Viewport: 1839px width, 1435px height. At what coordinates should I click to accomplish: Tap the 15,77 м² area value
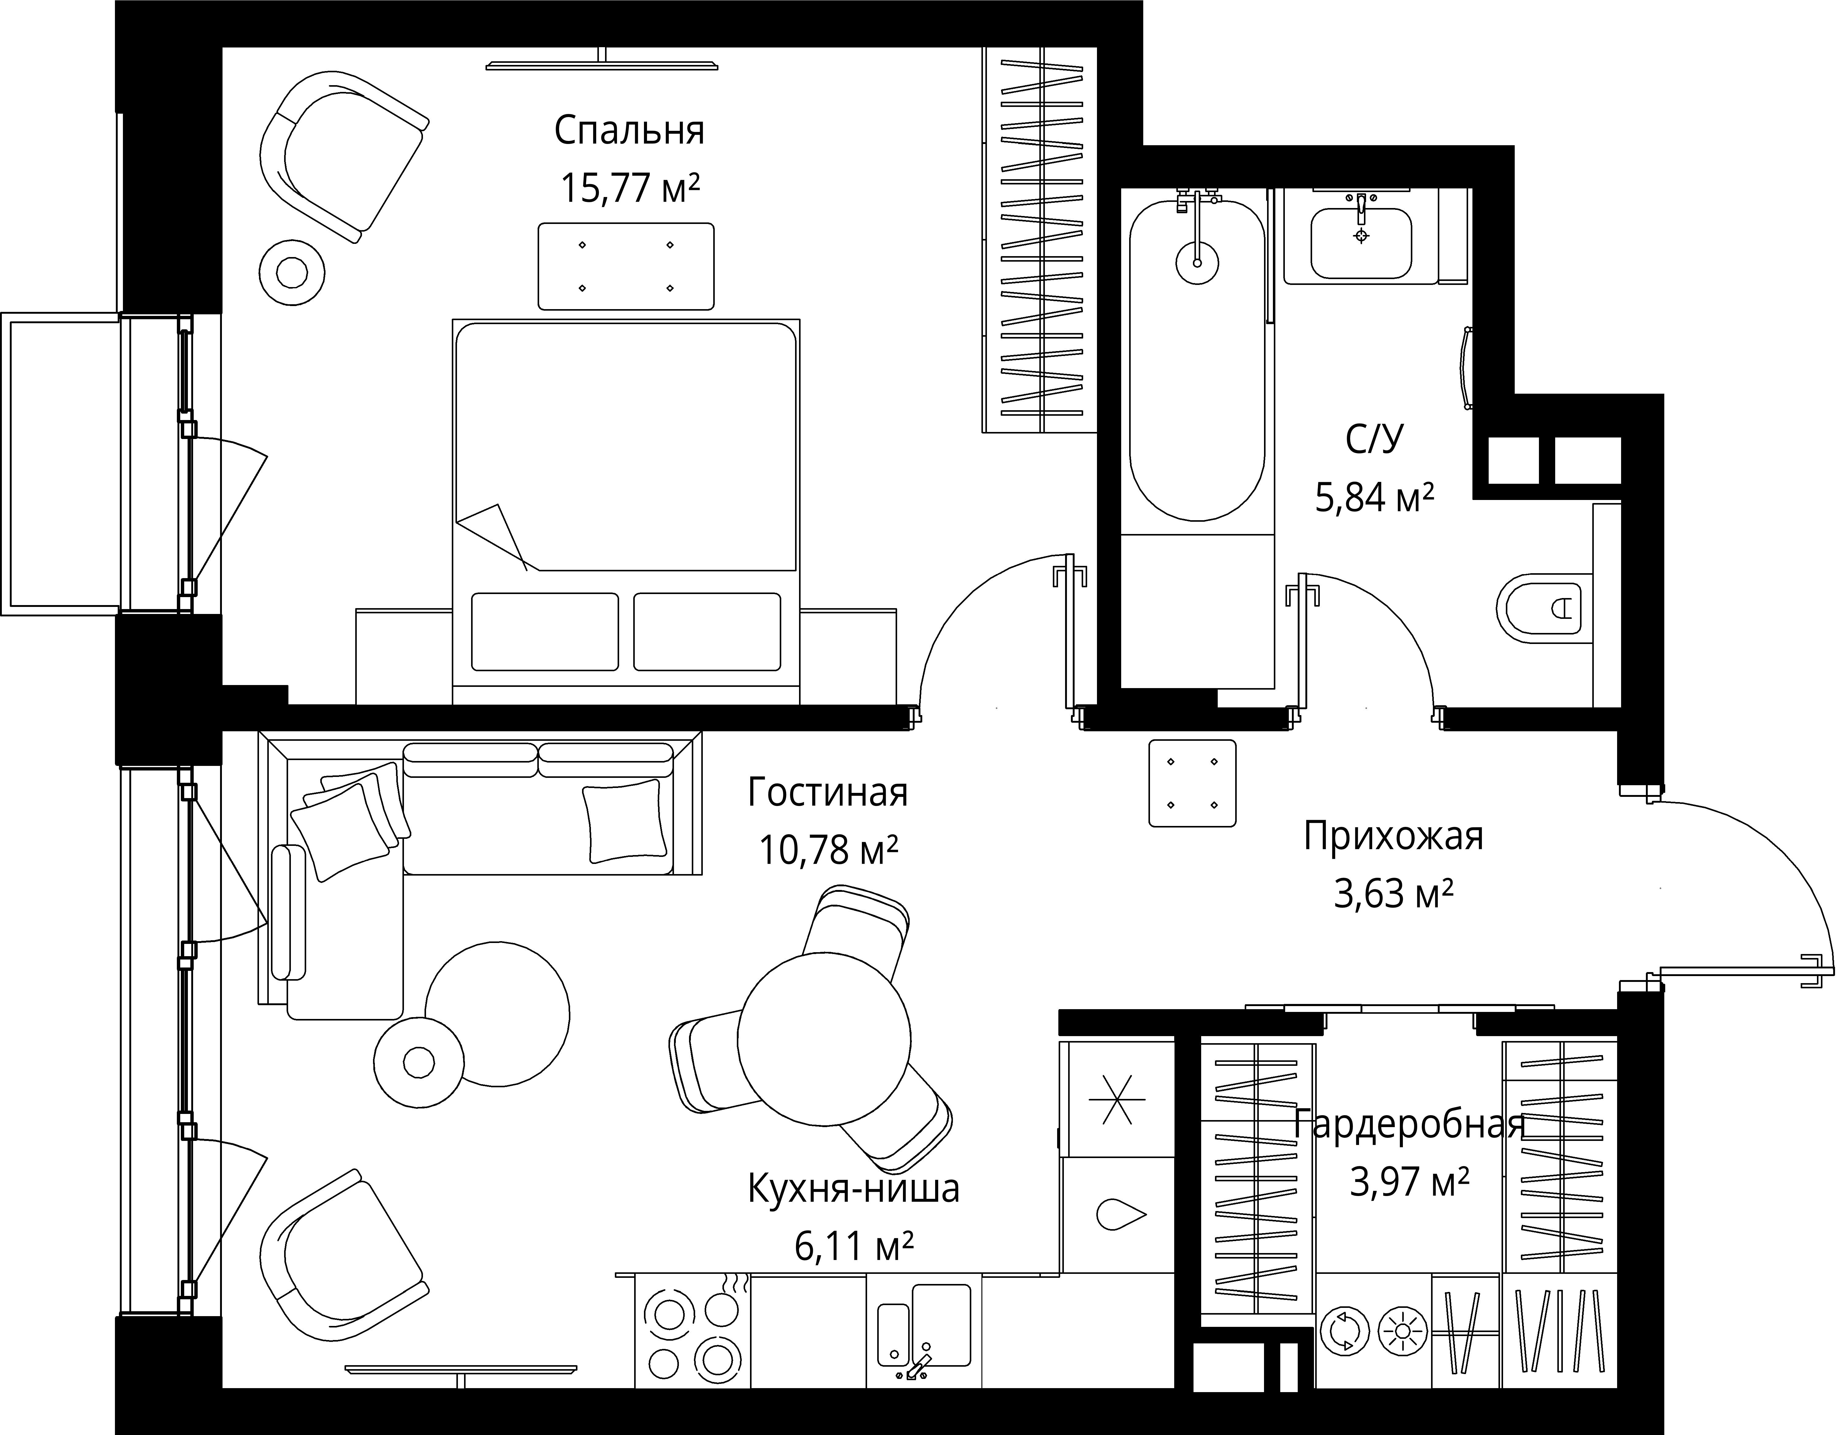(630, 188)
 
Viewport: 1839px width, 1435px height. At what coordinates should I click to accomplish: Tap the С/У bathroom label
(1374, 439)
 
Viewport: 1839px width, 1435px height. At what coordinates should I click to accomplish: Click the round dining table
(824, 1039)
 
